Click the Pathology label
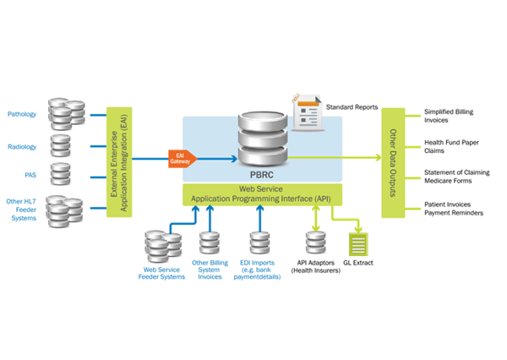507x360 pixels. pyautogui.click(x=22, y=114)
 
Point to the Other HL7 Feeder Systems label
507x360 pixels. pyautogui.click(x=21, y=210)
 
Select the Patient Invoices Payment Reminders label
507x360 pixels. pyautogui.click(x=453, y=210)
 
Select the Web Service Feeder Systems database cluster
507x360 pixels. pyautogui.click(x=161, y=247)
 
